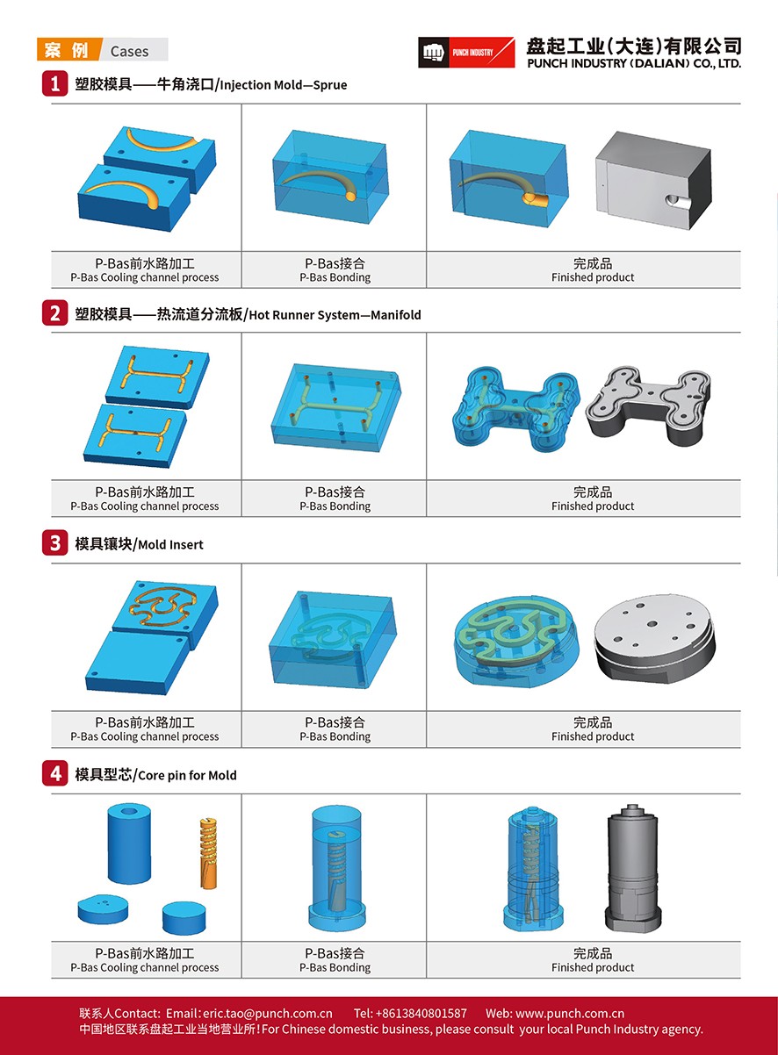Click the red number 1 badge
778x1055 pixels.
pos(55,84)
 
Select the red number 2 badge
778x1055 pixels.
pos(55,313)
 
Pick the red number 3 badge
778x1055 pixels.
pos(55,543)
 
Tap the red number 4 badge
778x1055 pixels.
pos(55,773)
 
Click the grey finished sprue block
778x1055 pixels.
pos(653,181)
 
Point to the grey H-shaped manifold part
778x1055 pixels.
pos(648,407)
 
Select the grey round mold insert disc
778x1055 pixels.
pos(654,635)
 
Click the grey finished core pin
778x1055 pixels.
pos(633,867)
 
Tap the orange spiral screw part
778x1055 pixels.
pos(208,853)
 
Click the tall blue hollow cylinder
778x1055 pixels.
pos(130,843)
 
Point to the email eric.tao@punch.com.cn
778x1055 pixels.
pos(268,1014)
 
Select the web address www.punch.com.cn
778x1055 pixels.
pos(570,1014)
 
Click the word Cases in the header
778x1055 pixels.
pos(129,51)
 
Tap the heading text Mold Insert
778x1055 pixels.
pos(170,544)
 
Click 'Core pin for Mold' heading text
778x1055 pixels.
pos(187,775)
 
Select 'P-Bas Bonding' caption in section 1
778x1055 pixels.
pos(335,277)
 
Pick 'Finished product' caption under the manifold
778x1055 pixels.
pos(593,506)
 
